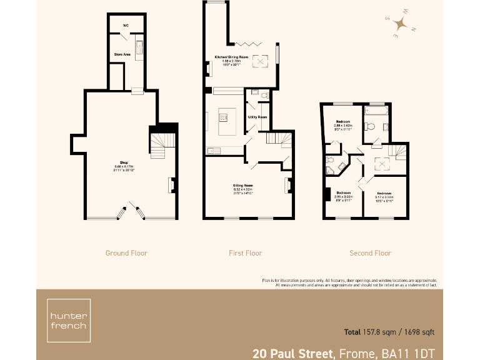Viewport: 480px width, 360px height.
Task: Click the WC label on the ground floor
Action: click(125, 26)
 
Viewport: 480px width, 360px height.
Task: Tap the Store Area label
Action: click(122, 55)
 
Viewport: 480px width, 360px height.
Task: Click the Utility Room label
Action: click(257, 117)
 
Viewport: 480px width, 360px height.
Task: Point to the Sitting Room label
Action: click(243, 186)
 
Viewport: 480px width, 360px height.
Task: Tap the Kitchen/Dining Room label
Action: click(232, 57)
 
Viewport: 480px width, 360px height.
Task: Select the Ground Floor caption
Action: click(126, 253)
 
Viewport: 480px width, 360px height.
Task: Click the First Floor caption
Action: click(245, 253)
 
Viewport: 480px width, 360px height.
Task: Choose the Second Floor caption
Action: click(370, 253)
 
